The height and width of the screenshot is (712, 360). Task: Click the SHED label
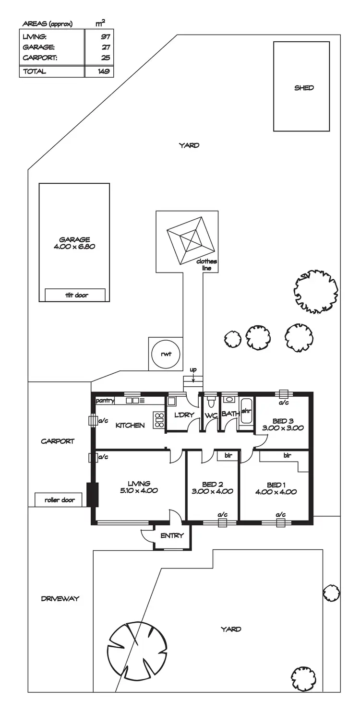tap(304, 88)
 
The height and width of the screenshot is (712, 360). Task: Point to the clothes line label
tap(207, 264)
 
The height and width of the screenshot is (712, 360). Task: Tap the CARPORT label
tap(58, 441)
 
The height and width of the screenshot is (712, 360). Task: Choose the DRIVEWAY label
tap(60, 598)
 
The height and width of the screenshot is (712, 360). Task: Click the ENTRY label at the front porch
tap(172, 535)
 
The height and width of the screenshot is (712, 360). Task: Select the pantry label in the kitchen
tap(105, 400)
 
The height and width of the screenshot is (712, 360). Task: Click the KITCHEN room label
tap(130, 425)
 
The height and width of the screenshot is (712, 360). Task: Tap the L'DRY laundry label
tap(184, 415)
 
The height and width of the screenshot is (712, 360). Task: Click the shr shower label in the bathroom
tap(246, 411)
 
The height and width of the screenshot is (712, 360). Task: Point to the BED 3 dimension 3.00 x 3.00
tap(284, 428)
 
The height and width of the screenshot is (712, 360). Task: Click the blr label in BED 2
tap(228, 456)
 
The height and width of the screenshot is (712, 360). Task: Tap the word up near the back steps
tap(193, 370)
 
